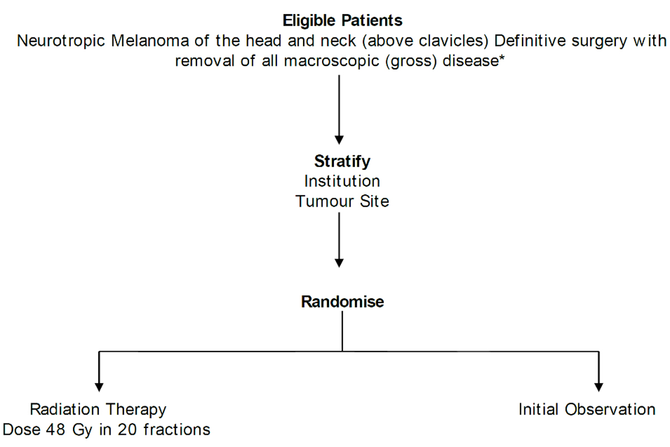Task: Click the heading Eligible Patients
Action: click(342, 21)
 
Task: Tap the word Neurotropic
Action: click(61, 41)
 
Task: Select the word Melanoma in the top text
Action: click(150, 41)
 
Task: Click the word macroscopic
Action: click(332, 61)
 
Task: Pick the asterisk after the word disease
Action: click(501, 57)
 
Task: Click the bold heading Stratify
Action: click(342, 161)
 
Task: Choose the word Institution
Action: click(342, 181)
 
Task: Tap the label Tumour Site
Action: click(342, 201)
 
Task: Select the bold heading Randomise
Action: click(342, 302)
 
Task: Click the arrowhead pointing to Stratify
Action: click(339, 140)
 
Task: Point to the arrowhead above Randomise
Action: click(339, 263)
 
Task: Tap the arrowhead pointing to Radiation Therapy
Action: click(99, 387)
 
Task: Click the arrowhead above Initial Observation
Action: click(599, 387)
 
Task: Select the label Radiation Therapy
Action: click(98, 410)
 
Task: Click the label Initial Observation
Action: click(587, 409)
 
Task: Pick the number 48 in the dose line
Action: click(55, 430)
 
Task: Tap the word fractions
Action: click(177, 430)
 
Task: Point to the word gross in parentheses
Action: click(411, 61)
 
